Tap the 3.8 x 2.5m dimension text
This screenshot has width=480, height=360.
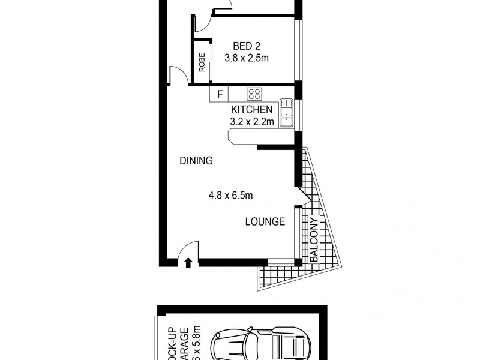pos(246,58)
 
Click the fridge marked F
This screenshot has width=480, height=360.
pos(219,94)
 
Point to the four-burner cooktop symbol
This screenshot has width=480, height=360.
pos(254,94)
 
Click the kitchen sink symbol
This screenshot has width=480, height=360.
pos(287,115)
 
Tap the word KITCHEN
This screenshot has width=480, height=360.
pos(252,110)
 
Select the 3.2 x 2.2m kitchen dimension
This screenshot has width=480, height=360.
pos(252,122)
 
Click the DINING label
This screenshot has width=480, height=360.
pos(196,161)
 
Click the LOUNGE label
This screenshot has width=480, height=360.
pos(265,222)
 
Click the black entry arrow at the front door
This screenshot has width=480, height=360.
pos(188,262)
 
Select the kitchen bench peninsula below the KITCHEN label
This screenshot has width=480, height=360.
pos(252,139)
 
